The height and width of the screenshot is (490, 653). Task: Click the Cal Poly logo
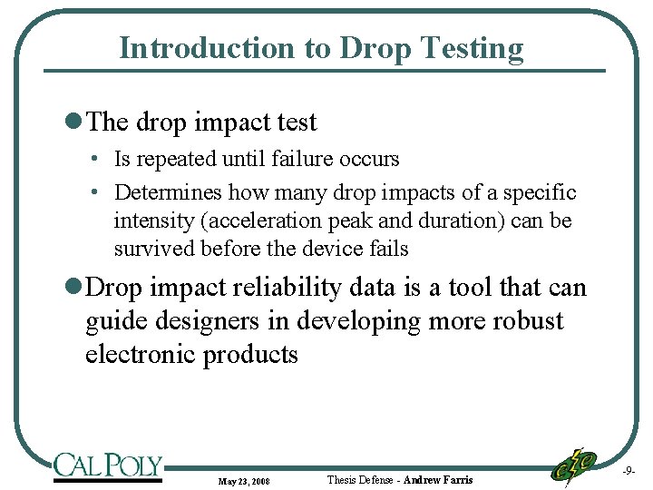(107, 465)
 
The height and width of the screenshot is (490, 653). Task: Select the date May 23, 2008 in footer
(243, 480)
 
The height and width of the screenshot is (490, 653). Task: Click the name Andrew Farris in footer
(438, 479)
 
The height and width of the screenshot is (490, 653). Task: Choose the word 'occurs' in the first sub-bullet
(369, 159)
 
